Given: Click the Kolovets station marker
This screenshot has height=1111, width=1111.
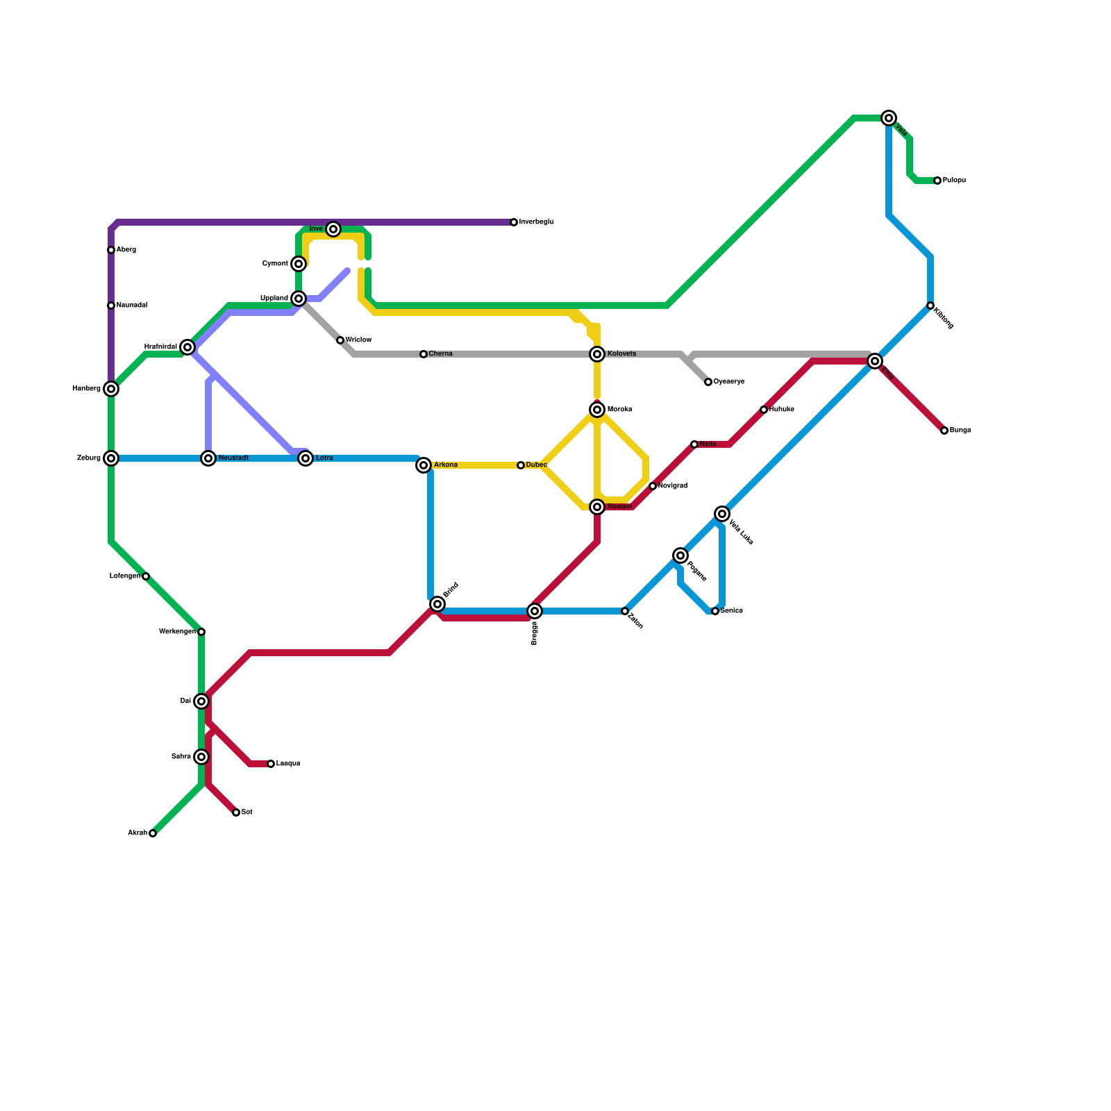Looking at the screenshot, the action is [x=597, y=354].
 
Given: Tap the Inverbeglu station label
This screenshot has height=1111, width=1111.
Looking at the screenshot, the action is [x=536, y=222].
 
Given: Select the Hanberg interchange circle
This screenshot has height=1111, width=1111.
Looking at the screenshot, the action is [x=111, y=389].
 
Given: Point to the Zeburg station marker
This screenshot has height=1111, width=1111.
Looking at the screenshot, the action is [x=111, y=458].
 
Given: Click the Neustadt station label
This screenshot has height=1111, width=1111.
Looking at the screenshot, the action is [x=233, y=458].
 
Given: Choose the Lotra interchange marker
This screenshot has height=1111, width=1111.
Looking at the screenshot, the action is [x=306, y=458].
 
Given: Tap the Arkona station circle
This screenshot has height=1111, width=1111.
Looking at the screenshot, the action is [x=424, y=465].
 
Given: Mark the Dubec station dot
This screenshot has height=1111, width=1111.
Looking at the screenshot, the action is [x=521, y=465].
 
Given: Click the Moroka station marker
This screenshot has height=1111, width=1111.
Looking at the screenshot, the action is [x=597, y=410].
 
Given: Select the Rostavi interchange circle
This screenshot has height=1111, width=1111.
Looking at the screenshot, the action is [x=597, y=507].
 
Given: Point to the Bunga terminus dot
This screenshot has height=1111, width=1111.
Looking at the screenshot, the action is [x=944, y=431].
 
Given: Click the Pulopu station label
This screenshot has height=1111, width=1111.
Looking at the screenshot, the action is [x=954, y=181].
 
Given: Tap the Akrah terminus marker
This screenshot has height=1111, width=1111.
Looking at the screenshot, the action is [x=153, y=833].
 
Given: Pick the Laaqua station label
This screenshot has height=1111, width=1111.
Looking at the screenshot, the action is [x=288, y=764].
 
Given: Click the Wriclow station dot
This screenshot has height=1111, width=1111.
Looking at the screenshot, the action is [x=340, y=340].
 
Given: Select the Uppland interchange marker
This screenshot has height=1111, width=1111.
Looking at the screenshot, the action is [x=299, y=299].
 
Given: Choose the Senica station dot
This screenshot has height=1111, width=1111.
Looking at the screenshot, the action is [x=715, y=611].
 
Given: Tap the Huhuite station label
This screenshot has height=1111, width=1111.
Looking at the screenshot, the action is [x=781, y=410].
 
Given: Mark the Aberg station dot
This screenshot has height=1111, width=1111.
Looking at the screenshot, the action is [x=111, y=250].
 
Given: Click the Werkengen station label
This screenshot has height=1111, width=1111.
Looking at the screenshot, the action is [x=177, y=632].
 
